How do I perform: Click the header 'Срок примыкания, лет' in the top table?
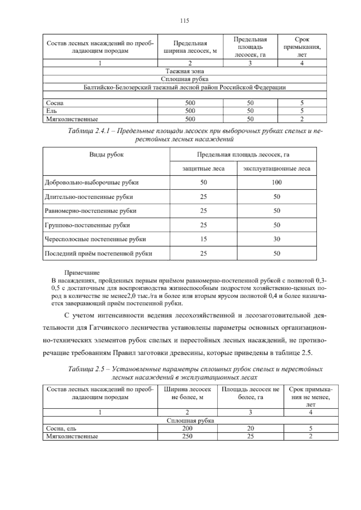pyautogui.click(x=302, y=47)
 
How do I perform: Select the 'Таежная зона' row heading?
pyautogui.click(x=185, y=71)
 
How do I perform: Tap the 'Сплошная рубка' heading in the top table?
pyautogui.click(x=185, y=79)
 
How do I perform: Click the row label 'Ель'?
pyautogui.click(x=49, y=111)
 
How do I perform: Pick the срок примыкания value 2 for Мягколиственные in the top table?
pyautogui.click(x=302, y=119)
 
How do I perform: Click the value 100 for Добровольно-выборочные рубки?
pyautogui.click(x=276, y=182)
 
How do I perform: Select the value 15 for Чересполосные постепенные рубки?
pyautogui.click(x=203, y=239)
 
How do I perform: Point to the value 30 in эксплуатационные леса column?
pyautogui.click(x=276, y=239)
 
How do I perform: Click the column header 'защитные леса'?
pyautogui.click(x=203, y=169)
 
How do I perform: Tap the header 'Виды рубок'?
pyautogui.click(x=106, y=155)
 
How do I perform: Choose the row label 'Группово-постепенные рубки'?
pyautogui.click(x=87, y=225)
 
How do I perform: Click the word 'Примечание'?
pyautogui.click(x=82, y=273)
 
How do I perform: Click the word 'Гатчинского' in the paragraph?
pyautogui.click(x=104, y=327)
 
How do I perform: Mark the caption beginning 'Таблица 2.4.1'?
pyautogui.click(x=196, y=135)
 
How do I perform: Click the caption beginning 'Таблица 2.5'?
pyautogui.click(x=196, y=373)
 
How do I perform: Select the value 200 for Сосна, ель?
pyautogui.click(x=187, y=428)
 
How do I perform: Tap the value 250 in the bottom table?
pyautogui.click(x=187, y=436)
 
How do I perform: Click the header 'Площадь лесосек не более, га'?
pyautogui.click(x=250, y=393)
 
